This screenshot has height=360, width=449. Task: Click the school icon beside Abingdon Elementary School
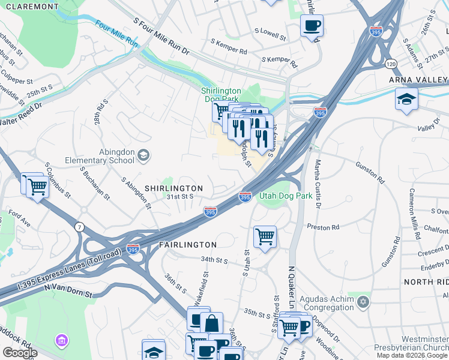[143, 156]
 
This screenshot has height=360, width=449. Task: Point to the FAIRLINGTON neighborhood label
[187, 245]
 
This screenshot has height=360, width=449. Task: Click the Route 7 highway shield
[79, 227]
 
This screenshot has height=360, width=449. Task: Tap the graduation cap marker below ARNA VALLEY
[406, 99]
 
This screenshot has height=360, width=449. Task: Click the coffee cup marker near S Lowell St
[312, 26]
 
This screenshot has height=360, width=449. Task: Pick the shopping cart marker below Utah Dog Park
[265, 237]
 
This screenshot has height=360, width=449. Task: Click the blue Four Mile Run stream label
[116, 35]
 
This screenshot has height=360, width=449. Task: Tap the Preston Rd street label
[323, 227]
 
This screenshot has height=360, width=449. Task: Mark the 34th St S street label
[215, 259]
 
